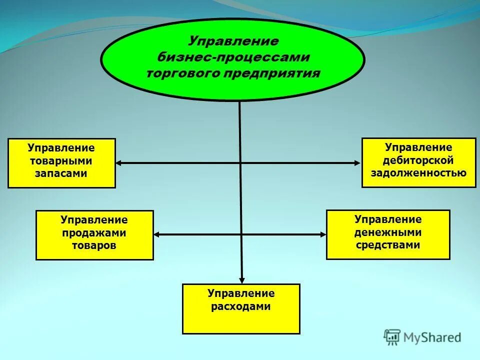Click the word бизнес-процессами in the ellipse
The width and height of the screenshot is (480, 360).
(x=233, y=57)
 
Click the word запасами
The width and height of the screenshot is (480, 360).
(x=61, y=173)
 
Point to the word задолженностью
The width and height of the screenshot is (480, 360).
(x=418, y=173)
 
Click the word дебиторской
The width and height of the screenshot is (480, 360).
(x=418, y=160)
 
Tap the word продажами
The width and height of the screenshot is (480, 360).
(x=94, y=233)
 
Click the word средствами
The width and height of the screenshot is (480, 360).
(x=388, y=245)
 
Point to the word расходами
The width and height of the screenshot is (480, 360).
(x=241, y=306)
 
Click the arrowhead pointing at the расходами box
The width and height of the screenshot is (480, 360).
(x=241, y=280)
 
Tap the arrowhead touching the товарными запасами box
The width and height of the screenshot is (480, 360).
(x=119, y=162)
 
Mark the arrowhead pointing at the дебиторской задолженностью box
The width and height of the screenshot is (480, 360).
(x=357, y=162)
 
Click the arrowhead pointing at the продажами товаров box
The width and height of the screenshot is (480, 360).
(x=157, y=234)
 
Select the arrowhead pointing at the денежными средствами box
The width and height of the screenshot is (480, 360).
(x=322, y=234)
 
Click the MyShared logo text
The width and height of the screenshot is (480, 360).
(x=432, y=337)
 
